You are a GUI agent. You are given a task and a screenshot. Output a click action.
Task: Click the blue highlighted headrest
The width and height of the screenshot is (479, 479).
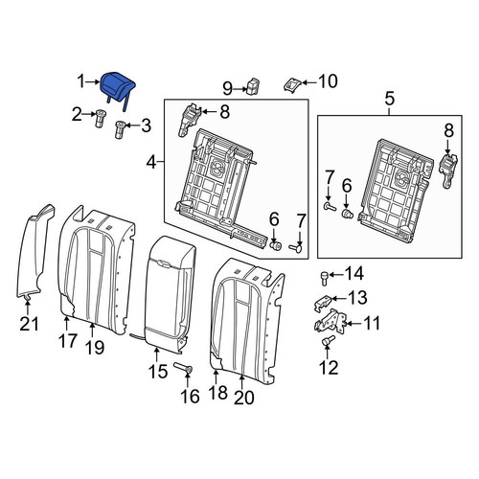point(118,87)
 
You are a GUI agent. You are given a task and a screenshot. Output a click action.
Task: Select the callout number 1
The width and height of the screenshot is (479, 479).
point(81,81)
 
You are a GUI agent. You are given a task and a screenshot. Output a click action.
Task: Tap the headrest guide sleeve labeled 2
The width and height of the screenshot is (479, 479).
point(101,119)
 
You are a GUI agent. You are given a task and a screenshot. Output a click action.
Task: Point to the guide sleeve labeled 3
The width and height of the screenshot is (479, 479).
point(120,129)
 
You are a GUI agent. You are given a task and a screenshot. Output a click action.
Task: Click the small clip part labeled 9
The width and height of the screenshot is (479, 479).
point(252,85)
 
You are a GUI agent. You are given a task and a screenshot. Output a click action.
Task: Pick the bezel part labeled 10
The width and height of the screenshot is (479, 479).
point(292,84)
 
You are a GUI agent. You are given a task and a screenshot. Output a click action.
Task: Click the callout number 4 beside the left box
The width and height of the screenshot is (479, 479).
point(152,163)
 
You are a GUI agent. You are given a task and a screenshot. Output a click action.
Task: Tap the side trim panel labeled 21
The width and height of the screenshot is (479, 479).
point(34,252)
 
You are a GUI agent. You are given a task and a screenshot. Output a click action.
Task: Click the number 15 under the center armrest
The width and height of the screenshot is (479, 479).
point(158,371)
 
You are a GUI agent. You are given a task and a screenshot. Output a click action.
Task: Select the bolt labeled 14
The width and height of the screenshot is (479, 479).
point(325,278)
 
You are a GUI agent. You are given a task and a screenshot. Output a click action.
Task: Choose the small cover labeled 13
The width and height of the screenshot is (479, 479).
point(324,303)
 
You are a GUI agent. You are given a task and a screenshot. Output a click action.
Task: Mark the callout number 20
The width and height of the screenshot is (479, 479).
point(244,398)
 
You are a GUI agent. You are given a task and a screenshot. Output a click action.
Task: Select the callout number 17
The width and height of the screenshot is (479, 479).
point(67,340)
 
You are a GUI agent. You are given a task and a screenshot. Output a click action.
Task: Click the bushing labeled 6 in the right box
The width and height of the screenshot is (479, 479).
point(346,214)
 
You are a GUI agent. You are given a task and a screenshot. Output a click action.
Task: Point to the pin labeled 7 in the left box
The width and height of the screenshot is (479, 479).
point(297,247)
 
